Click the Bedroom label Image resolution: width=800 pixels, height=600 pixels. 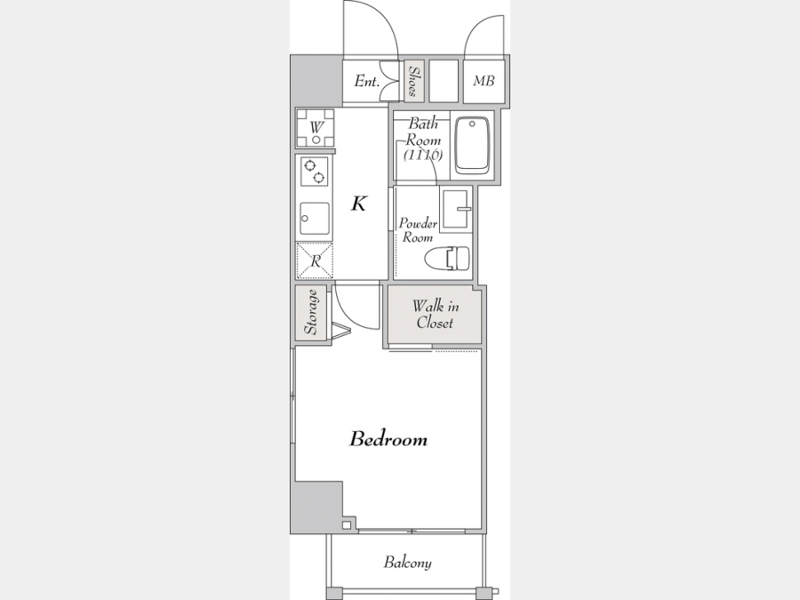tap(388, 439)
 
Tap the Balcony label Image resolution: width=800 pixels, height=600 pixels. tap(408, 563)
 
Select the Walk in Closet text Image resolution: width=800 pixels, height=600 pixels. tap(436, 315)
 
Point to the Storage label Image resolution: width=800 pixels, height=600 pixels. tap(311, 312)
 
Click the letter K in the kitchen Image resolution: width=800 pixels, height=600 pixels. tap(359, 204)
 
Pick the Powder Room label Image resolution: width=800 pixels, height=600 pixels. tap(418, 230)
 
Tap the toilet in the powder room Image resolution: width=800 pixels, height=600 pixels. tap(447, 258)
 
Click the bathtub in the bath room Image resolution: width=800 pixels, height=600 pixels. tap(472, 146)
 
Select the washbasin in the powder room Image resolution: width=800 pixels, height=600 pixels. tap(457, 209)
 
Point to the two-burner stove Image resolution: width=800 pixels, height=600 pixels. tap(314, 172)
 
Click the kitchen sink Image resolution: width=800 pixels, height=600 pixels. tap(314, 219)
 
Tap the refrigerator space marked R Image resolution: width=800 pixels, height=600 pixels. tap(315, 260)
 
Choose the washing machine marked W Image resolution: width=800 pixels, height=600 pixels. tap(316, 127)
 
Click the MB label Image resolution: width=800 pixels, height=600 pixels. tap(484, 81)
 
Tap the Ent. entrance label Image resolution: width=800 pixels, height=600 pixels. tap(367, 81)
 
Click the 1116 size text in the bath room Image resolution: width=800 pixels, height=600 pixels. tap(423, 155)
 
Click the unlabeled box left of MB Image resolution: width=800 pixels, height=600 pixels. tap(444, 81)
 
